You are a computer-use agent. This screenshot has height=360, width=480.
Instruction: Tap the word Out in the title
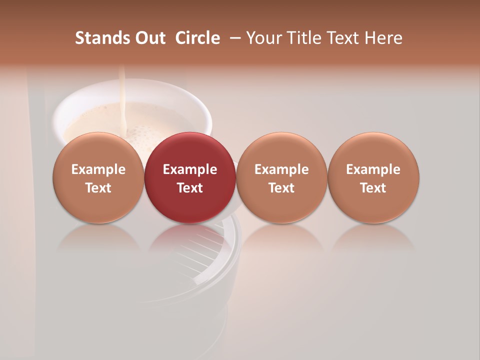[148, 38]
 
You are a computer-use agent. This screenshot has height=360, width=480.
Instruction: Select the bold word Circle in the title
[197, 38]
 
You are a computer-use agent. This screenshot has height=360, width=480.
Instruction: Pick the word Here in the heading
[383, 38]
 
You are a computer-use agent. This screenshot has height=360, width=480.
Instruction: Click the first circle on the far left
[98, 177]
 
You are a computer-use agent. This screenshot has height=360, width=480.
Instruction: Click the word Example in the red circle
[190, 169]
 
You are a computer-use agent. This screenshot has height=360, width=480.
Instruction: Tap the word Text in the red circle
[190, 188]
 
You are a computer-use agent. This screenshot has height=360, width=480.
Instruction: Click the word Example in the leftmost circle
[98, 169]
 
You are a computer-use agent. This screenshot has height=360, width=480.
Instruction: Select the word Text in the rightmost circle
[373, 188]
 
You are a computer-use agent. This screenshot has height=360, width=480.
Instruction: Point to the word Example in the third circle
[281, 169]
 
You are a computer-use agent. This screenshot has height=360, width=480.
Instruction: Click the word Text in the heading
[343, 38]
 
